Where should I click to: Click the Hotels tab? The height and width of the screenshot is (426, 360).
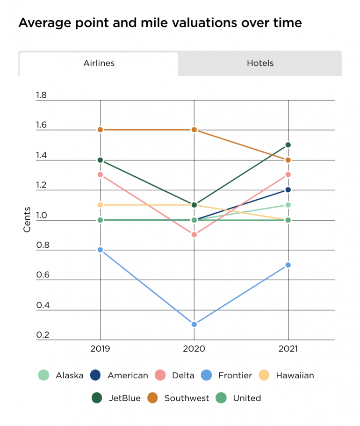[260, 63]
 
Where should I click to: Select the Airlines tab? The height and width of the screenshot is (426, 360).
[99, 63]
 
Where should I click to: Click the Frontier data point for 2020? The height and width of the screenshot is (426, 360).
[194, 324]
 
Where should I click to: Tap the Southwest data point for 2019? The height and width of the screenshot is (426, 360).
[100, 130]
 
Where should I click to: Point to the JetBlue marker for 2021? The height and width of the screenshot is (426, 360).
[288, 144]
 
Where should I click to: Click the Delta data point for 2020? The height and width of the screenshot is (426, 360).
[194, 234]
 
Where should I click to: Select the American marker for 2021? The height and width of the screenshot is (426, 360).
[288, 189]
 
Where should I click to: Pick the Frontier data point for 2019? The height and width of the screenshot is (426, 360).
[100, 250]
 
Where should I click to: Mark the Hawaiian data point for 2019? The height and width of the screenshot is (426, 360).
[100, 205]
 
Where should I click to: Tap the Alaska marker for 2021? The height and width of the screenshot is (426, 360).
[288, 205]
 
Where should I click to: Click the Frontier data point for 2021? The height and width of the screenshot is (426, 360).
[288, 265]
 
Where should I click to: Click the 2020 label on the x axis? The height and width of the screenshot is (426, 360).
[194, 349]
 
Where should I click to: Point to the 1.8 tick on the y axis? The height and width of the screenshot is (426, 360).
[42, 95]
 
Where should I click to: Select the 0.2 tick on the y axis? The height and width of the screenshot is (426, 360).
[42, 335]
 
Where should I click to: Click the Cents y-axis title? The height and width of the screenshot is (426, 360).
[27, 220]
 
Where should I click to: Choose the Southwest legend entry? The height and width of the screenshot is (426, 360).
[180, 398]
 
